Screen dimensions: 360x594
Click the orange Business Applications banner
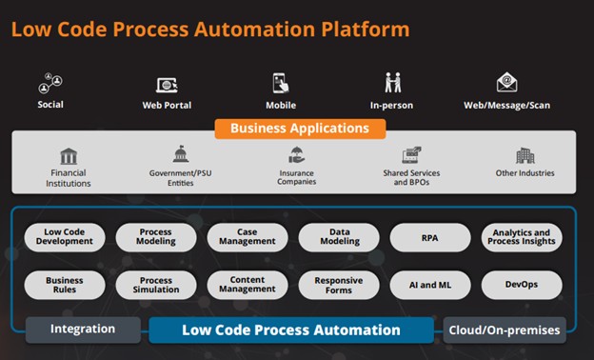tap(299, 128)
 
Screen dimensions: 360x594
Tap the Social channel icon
tap(50, 83)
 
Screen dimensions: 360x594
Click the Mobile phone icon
tap(281, 83)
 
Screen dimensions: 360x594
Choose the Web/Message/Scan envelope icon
tap(506, 83)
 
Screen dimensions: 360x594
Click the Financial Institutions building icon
tap(68, 155)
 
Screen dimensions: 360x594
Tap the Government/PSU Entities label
tap(181, 178)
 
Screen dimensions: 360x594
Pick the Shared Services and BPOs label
tap(411, 178)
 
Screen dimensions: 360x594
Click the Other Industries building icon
tap(525, 155)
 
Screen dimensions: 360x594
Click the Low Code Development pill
tap(65, 237)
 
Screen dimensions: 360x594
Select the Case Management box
tap(247, 237)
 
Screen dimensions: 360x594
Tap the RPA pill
tap(430, 237)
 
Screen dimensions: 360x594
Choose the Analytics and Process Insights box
tap(522, 237)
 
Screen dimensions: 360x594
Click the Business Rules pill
tap(65, 285)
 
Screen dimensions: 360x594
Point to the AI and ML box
tap(430, 285)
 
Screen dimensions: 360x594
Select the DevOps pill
tap(522, 285)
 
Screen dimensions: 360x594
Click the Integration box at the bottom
tap(83, 330)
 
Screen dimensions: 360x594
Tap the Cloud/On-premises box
tap(505, 330)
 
